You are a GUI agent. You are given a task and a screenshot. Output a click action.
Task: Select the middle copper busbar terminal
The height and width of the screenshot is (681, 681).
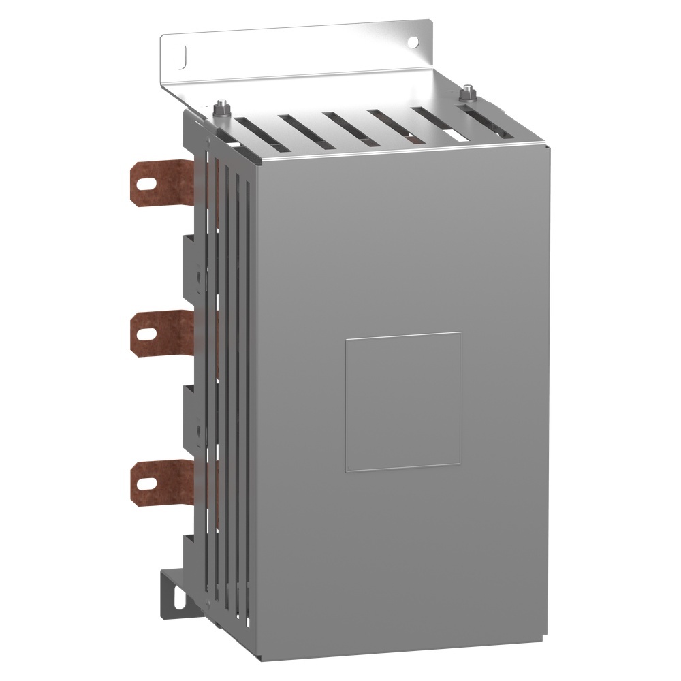[163, 333]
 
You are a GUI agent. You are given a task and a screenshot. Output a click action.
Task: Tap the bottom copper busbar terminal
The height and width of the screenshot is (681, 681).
[163, 481]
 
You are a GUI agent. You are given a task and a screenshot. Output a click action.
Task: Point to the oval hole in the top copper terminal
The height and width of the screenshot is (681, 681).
[144, 183]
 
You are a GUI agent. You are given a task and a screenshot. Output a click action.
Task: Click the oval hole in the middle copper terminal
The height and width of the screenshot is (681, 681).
[144, 333]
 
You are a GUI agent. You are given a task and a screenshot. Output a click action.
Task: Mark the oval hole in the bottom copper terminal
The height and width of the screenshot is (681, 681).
[144, 481]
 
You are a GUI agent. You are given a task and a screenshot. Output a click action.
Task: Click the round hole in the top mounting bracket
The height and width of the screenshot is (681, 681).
[412, 42]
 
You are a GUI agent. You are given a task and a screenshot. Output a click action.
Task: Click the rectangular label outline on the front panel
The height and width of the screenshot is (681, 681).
[402, 402]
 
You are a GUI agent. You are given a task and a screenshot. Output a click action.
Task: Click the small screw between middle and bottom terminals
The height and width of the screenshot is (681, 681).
[197, 430]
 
